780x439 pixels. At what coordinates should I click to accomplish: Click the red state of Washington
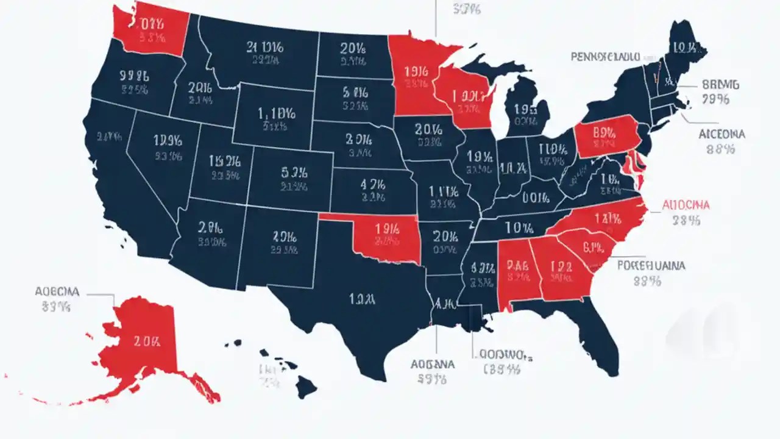(151, 27)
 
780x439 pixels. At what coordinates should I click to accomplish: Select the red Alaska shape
(143, 344)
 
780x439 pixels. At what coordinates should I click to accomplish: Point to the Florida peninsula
(600, 341)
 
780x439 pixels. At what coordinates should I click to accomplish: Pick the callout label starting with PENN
(604, 57)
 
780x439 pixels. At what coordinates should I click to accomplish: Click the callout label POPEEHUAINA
(651, 266)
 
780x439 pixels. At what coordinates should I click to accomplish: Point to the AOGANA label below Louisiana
(432, 365)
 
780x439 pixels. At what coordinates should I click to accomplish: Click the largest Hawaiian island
(306, 386)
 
